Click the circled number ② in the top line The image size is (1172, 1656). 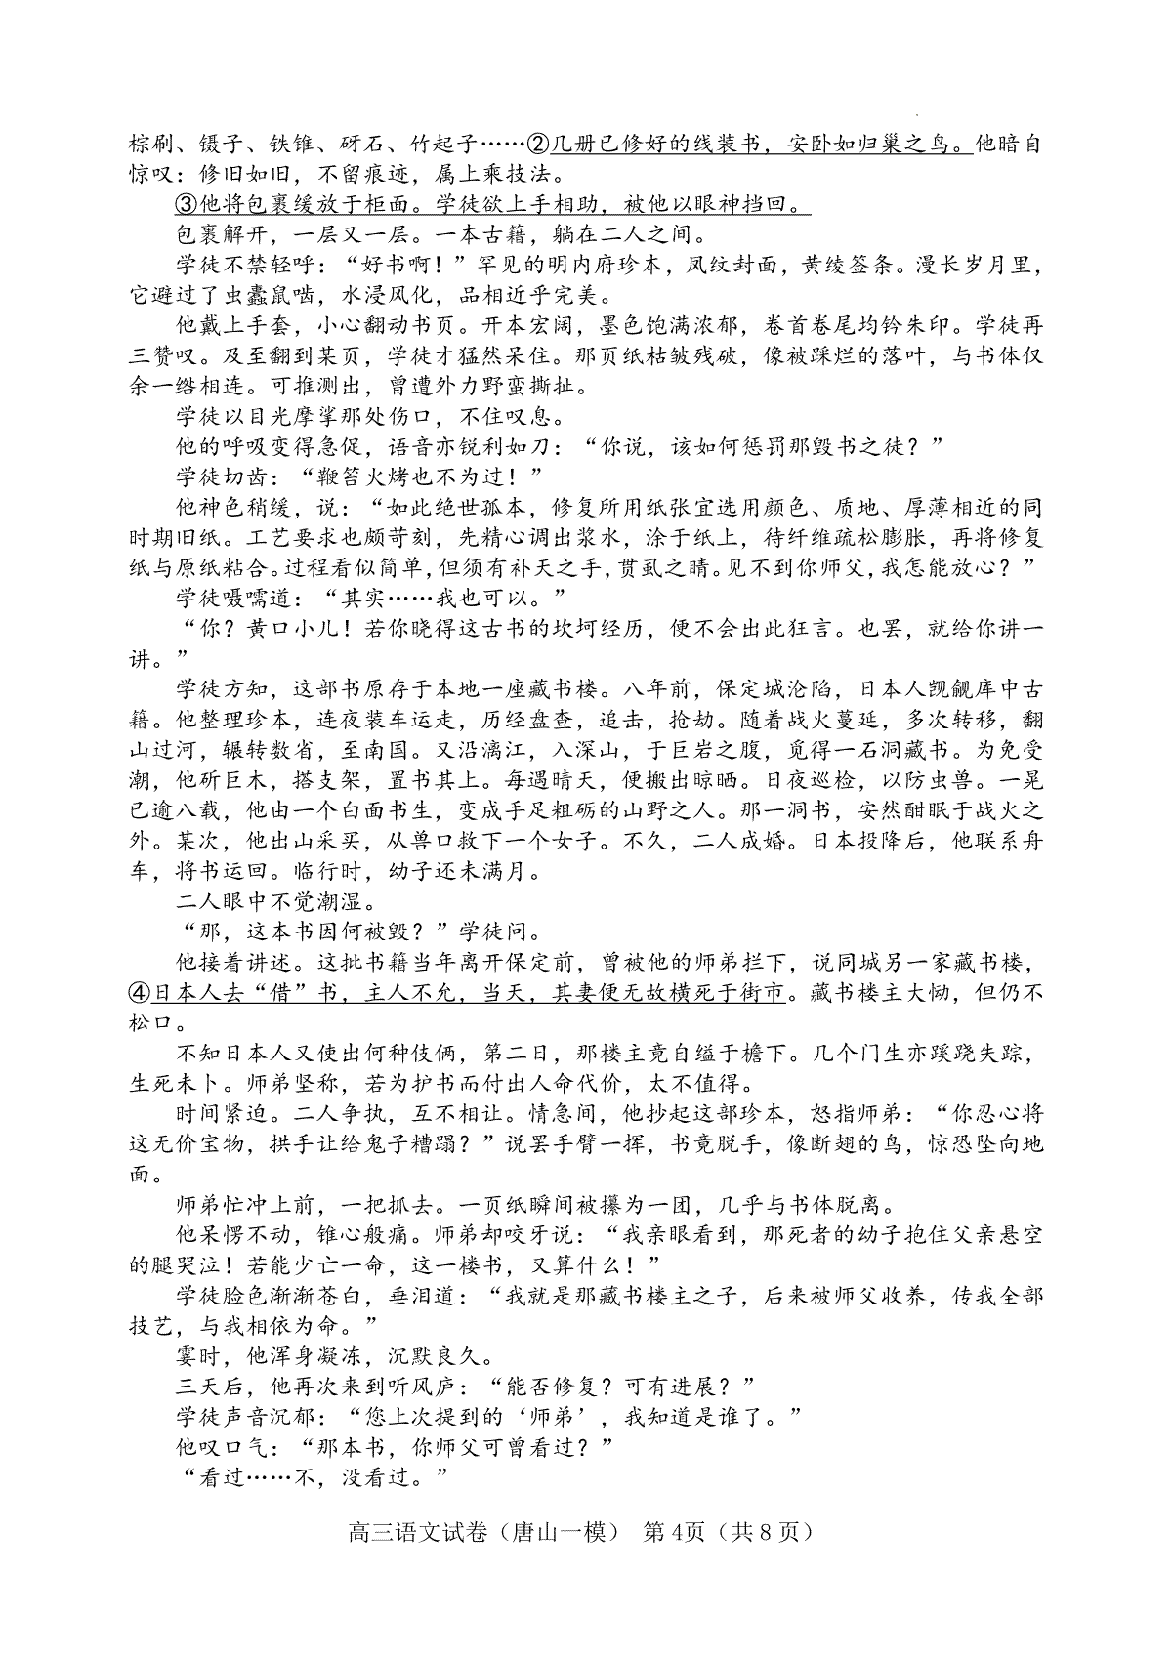(x=539, y=145)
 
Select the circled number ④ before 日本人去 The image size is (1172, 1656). (x=141, y=993)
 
